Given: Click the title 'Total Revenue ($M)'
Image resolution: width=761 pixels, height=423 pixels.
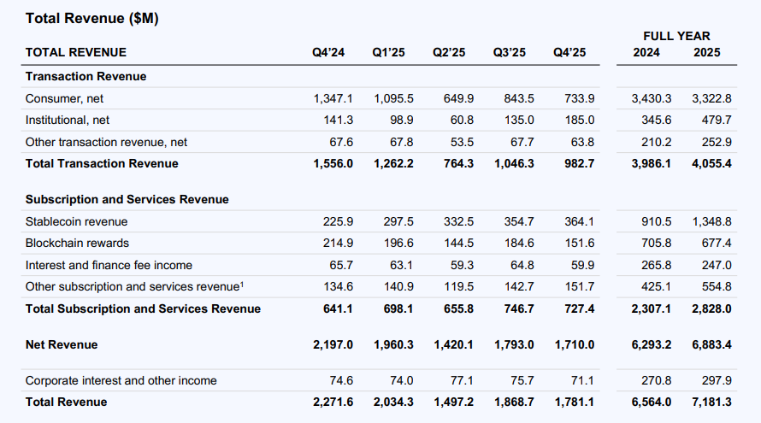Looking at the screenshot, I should [x=91, y=18].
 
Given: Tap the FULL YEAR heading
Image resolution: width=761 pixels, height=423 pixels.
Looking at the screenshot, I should [x=676, y=36].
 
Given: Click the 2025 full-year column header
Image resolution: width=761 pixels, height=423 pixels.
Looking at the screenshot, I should [x=706, y=53].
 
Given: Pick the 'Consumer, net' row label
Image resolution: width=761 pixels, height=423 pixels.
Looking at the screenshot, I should [x=64, y=99].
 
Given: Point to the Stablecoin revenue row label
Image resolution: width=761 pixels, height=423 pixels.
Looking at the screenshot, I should [x=76, y=222].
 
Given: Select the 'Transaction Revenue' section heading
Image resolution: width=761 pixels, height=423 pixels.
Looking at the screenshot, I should [x=86, y=76].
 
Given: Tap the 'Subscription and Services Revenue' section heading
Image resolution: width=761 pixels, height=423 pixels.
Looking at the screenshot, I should [x=127, y=199].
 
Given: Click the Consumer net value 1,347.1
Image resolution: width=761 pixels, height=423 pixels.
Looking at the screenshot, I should [x=333, y=99].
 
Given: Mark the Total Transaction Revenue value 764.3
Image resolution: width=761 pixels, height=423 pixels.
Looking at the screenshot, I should [x=456, y=163].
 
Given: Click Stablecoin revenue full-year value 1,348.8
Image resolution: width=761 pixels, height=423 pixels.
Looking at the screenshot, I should [x=711, y=222].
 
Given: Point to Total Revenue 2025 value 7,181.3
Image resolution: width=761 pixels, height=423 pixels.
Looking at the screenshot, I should [x=711, y=402].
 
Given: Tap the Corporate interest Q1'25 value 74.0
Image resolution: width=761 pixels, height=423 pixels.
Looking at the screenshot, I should [x=399, y=380].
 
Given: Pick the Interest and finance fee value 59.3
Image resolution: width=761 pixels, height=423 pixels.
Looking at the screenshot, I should [x=458, y=265].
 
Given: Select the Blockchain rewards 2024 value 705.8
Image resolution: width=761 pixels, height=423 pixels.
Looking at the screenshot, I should [x=654, y=244].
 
